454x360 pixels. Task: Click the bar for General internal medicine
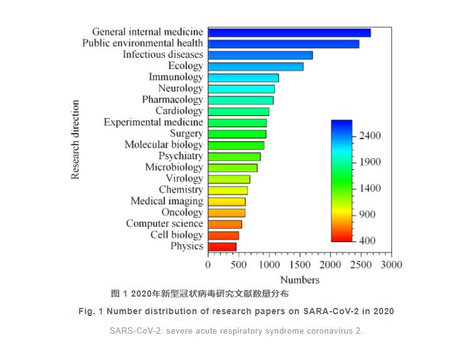coord(289,33)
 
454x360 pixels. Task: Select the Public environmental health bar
coord(283,44)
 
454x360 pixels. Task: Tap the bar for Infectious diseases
coord(260,55)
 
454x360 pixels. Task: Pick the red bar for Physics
coord(222,247)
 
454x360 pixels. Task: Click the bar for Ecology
coord(255,66)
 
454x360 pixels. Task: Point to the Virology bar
coord(229,179)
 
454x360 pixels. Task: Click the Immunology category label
coord(176,77)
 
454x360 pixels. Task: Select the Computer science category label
coord(164,224)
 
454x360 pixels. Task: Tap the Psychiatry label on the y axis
coord(181,156)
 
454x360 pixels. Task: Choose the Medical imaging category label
coord(166,201)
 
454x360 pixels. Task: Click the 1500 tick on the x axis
coord(300,265)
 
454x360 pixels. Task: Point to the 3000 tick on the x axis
coord(391,265)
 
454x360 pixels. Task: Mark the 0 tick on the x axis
coord(208,265)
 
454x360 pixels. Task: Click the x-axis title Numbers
coord(300,280)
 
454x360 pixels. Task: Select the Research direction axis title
coord(76,140)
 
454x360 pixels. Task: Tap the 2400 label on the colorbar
coord(368,136)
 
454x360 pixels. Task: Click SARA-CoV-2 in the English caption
coord(327,311)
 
